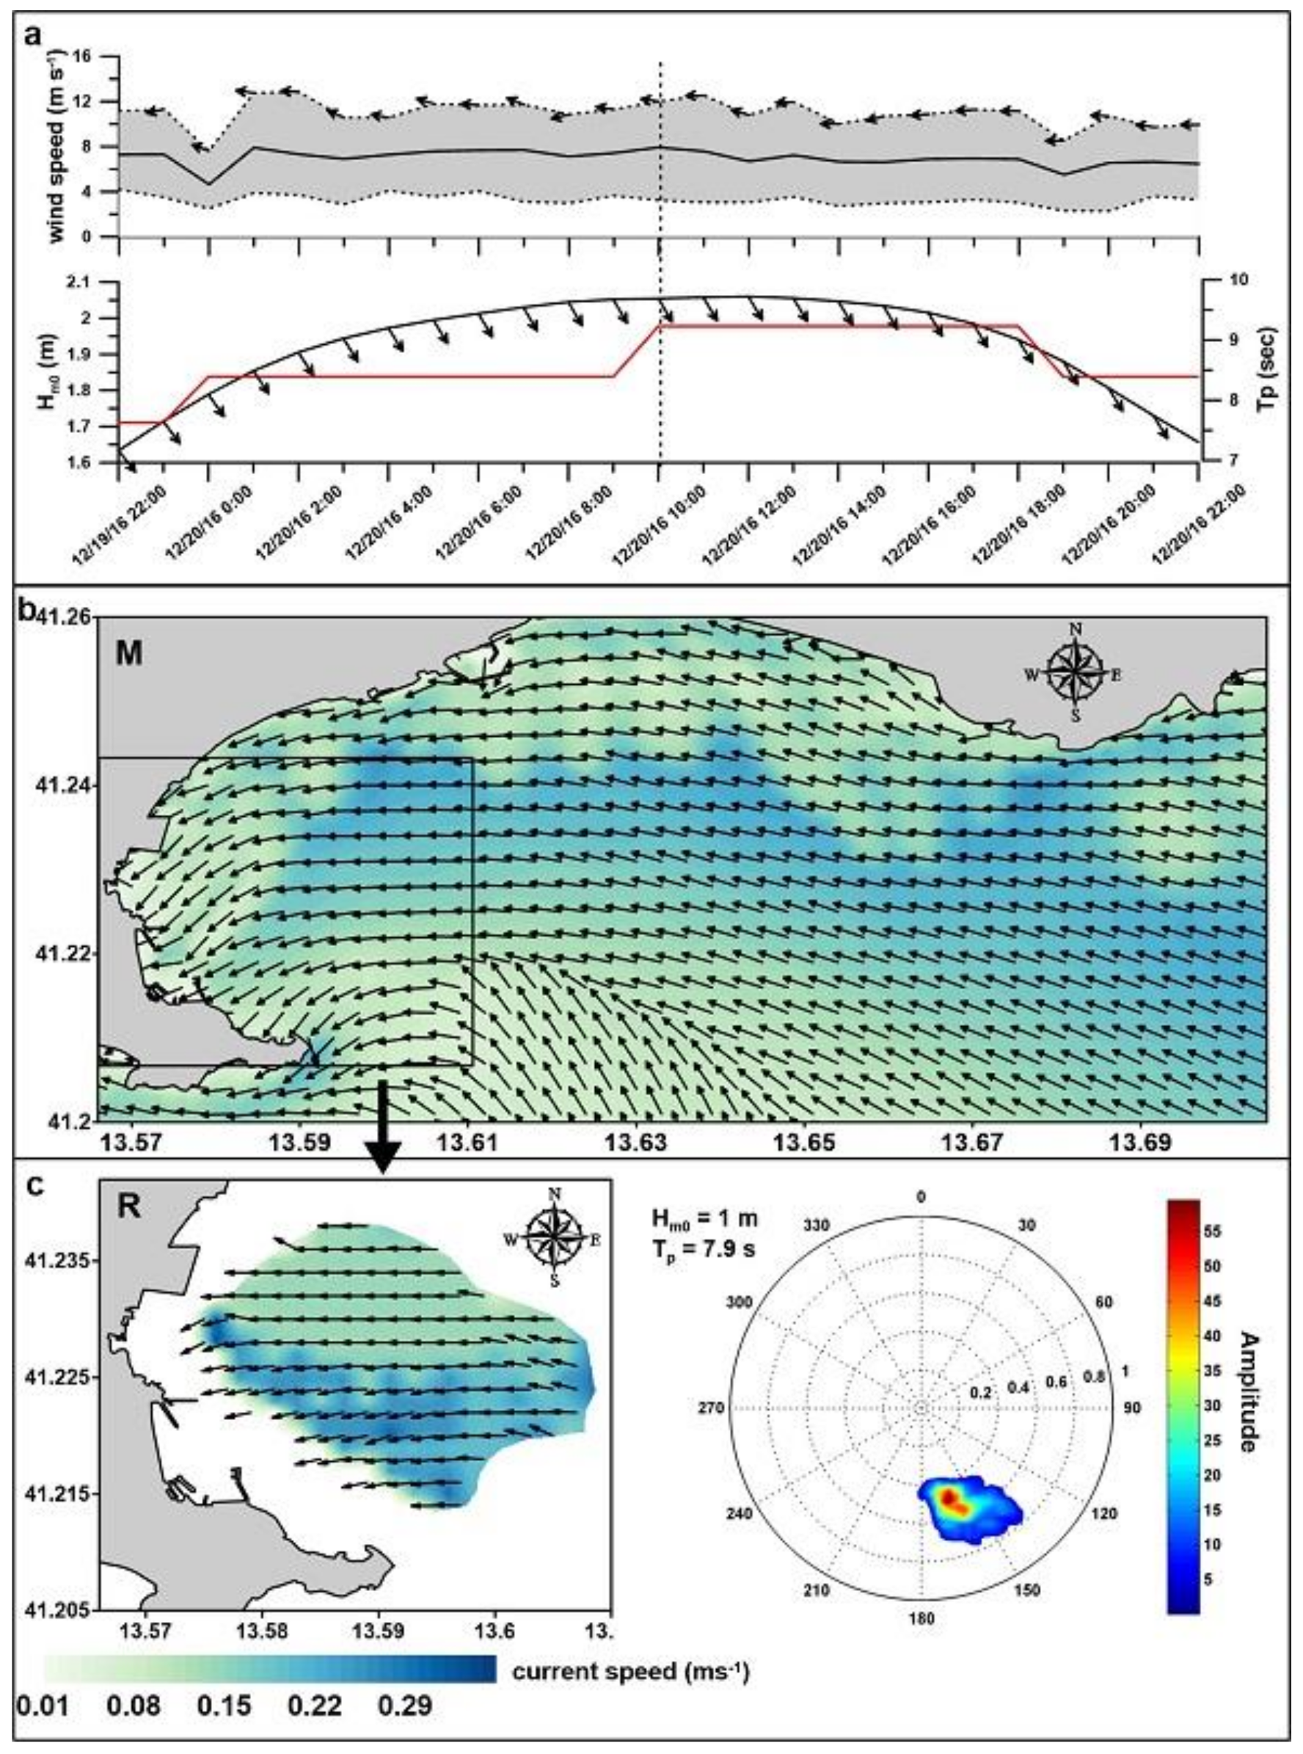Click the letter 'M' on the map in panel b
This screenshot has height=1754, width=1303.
pyautogui.click(x=129, y=654)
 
